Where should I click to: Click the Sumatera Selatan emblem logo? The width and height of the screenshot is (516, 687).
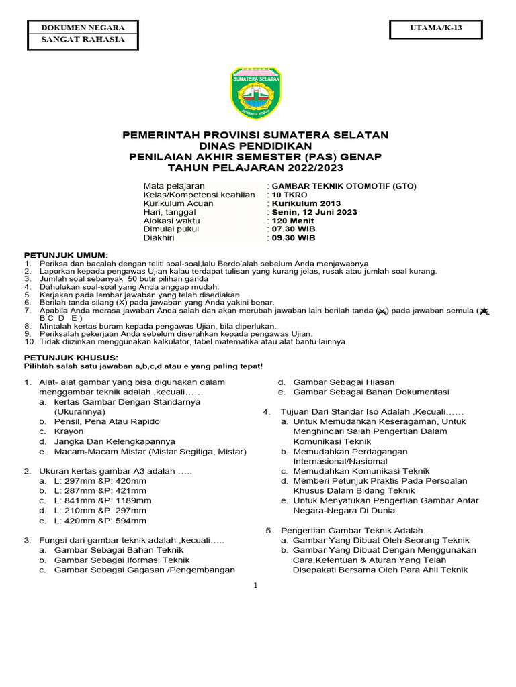258,93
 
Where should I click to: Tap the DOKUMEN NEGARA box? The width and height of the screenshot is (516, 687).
83,28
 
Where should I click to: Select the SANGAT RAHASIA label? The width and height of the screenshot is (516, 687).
83,40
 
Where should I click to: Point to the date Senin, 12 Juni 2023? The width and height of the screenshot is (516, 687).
314,212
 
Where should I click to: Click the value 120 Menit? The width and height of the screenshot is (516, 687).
292,221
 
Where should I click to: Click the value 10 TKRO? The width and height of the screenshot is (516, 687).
290,195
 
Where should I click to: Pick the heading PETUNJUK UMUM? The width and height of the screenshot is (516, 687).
66,256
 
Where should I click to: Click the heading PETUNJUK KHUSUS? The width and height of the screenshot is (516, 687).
71,358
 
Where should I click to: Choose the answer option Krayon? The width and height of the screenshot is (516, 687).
69,431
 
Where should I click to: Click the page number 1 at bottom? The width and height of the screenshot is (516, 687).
256,586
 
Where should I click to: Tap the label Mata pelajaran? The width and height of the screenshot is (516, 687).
174,186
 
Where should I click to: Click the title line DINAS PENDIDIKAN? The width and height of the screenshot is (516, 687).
255,146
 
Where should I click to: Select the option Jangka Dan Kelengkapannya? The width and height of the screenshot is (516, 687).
115,441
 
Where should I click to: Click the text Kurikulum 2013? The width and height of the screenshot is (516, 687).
306,203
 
